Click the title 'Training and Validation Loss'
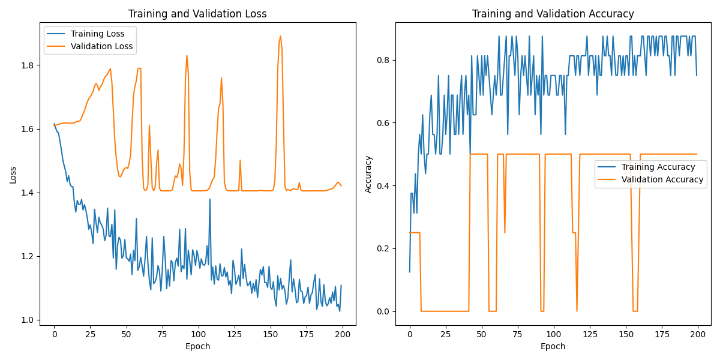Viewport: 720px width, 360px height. [198, 14]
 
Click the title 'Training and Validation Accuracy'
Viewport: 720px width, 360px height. [553, 14]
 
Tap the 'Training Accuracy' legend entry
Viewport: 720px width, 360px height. [658, 167]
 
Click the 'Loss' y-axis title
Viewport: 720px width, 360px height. [13, 174]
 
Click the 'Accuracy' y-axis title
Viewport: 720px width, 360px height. [368, 174]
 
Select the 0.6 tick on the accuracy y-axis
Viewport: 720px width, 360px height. [384, 123]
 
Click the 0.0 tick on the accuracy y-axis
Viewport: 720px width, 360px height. [384, 311]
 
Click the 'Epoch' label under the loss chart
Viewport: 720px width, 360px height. [198, 346]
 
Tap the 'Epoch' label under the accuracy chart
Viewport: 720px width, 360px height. [553, 346]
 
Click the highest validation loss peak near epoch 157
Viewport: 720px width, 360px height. [280, 37]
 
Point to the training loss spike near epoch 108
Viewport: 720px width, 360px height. [210, 199]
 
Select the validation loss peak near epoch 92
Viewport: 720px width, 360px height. [187, 56]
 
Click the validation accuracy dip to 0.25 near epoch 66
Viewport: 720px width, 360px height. [505, 232]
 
